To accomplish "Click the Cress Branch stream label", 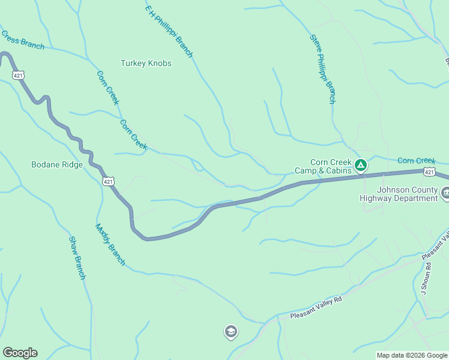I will [x=22, y=40].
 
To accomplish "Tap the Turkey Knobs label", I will [x=146, y=63].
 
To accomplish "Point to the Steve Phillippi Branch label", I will [x=322, y=69].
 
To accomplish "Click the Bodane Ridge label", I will [x=57, y=164].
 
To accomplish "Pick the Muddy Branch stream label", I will [x=110, y=244].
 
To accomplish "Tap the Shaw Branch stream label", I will [x=77, y=257].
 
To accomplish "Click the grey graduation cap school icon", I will [x=231, y=331].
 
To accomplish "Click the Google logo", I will [x=20, y=353].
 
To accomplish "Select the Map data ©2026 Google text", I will [x=412, y=355].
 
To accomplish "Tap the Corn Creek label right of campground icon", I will [x=416, y=161].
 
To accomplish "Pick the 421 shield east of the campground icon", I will [x=429, y=172].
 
